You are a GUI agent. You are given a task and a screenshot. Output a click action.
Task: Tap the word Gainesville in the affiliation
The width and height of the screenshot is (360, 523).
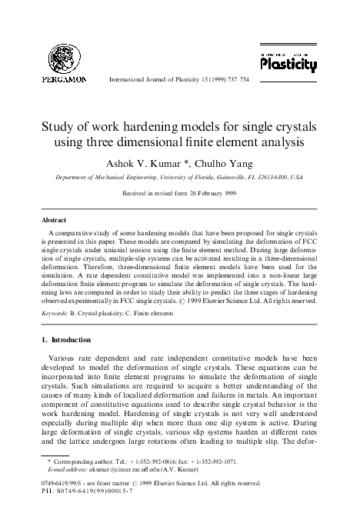pyautogui.click(x=231, y=177)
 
